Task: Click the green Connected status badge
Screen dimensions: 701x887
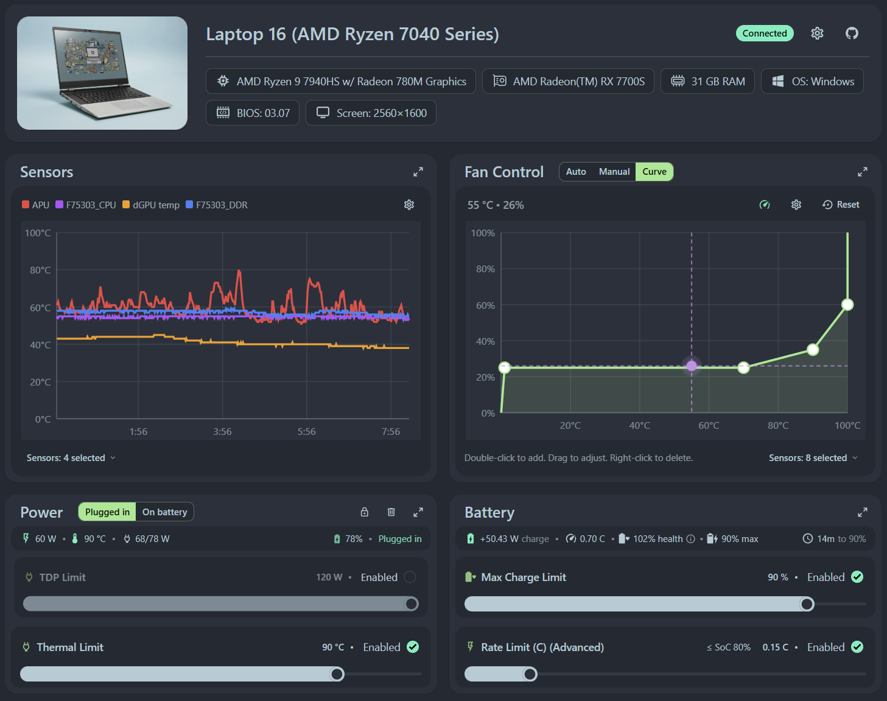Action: pos(764,33)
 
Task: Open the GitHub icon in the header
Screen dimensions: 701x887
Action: pos(852,33)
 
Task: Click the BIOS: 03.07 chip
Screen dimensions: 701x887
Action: pos(253,113)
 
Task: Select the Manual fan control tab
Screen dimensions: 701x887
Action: pos(614,172)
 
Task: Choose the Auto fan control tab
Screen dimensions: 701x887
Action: pos(575,172)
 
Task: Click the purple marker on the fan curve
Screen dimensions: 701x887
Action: pos(692,366)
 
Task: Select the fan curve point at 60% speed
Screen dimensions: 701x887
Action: pos(847,305)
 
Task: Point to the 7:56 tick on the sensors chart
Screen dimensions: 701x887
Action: pos(391,431)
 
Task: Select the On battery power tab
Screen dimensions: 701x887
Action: pos(164,512)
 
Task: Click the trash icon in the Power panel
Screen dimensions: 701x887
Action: pos(391,512)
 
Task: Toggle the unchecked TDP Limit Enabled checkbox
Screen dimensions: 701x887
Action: pos(410,577)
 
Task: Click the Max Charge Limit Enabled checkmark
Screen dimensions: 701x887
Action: pos(857,577)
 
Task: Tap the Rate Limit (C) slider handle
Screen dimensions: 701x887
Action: pos(530,674)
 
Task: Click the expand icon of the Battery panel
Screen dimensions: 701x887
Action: pos(862,512)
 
